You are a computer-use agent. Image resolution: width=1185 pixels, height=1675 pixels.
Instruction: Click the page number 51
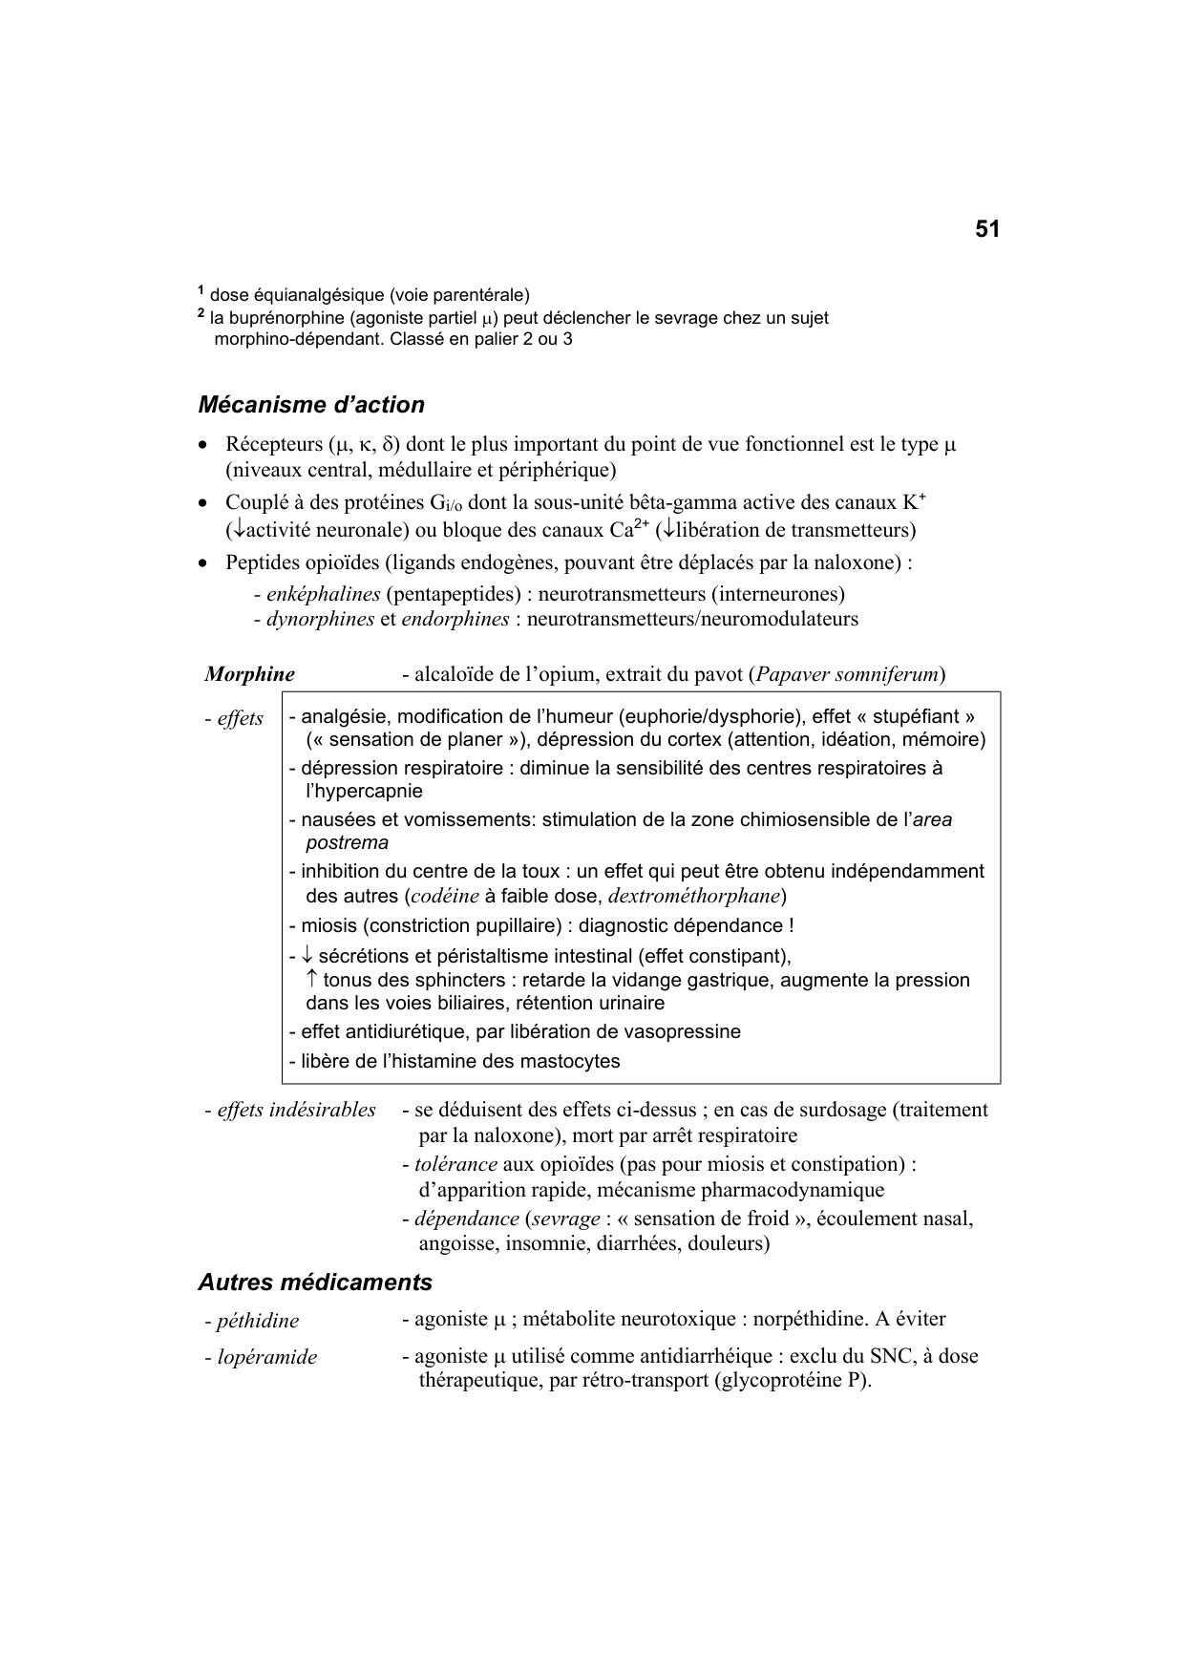[987, 230]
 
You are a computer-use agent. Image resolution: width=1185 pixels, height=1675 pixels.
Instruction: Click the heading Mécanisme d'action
[311, 405]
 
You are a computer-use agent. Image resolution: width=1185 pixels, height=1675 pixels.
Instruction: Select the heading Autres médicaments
[315, 1283]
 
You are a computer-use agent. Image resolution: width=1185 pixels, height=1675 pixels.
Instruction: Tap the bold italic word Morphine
[249, 674]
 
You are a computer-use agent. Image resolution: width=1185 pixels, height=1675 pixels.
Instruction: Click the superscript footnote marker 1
[201, 290]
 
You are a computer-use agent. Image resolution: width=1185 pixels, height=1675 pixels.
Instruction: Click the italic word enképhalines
[324, 594]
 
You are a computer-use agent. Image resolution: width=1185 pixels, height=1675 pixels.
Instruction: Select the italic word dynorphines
[320, 619]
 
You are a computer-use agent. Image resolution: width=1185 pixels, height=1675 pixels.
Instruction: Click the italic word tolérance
[455, 1164]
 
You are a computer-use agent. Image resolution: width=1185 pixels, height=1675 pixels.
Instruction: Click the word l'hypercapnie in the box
[364, 791]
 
